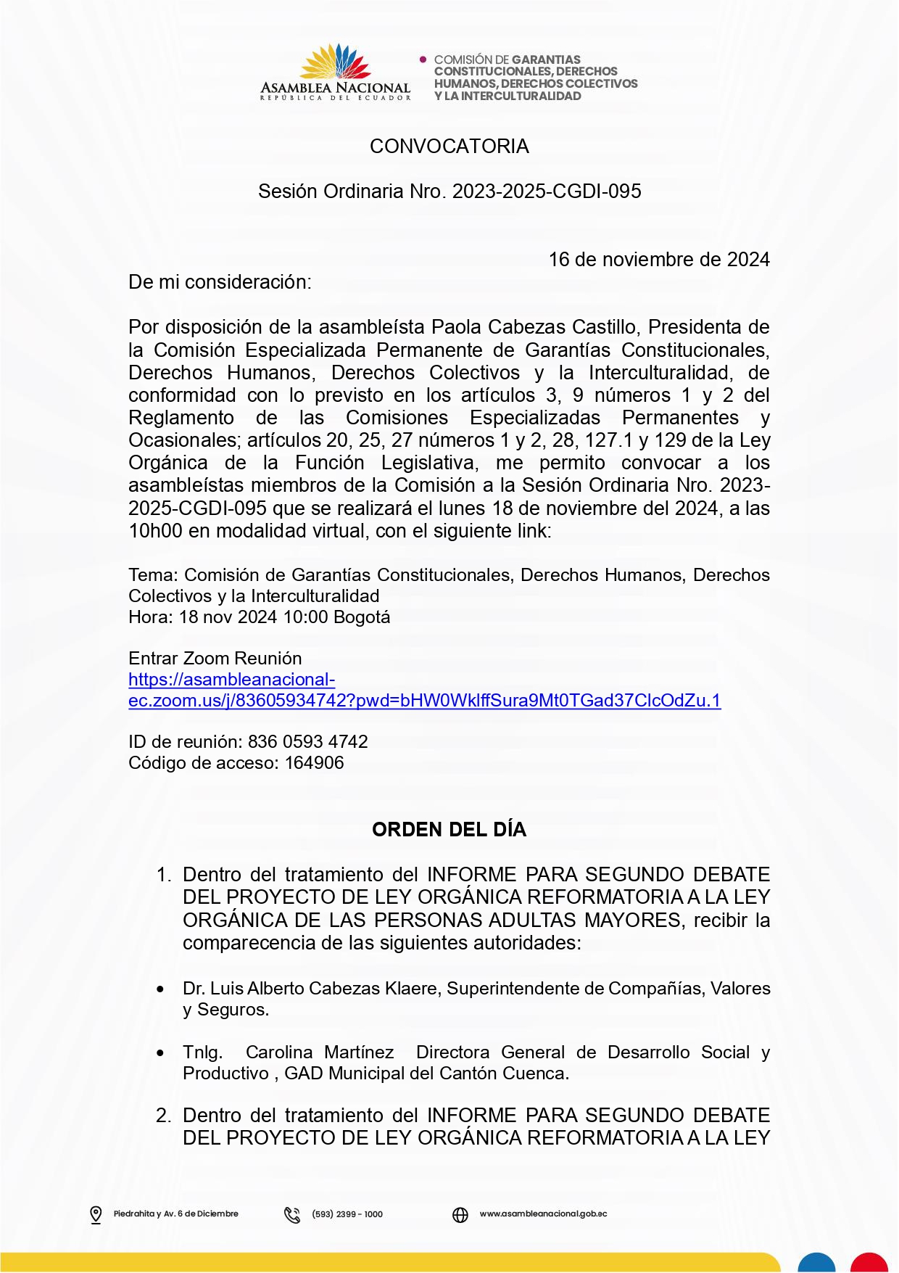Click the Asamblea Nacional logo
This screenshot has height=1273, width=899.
tap(336, 72)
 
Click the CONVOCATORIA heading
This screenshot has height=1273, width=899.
tap(449, 147)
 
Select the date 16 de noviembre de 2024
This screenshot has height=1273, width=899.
tap(658, 260)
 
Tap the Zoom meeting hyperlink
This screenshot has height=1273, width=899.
tap(424, 701)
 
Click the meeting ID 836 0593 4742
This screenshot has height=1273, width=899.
tap(307, 742)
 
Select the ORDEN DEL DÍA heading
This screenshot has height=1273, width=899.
tap(449, 830)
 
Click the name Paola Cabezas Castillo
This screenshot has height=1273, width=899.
tap(534, 327)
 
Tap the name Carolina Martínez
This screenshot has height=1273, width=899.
tap(320, 1052)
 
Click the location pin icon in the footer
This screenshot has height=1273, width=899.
tap(96, 1214)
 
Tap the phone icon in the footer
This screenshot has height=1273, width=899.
tap(292, 1214)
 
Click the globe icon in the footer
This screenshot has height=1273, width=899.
tap(460, 1214)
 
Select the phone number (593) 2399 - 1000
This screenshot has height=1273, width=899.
tap(347, 1214)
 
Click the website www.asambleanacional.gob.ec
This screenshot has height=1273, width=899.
tap(543, 1214)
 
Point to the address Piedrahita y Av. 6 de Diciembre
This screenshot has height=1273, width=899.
tap(175, 1214)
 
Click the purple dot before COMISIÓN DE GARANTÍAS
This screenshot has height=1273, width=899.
tap(423, 59)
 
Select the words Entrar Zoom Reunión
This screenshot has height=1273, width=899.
tap(215, 659)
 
